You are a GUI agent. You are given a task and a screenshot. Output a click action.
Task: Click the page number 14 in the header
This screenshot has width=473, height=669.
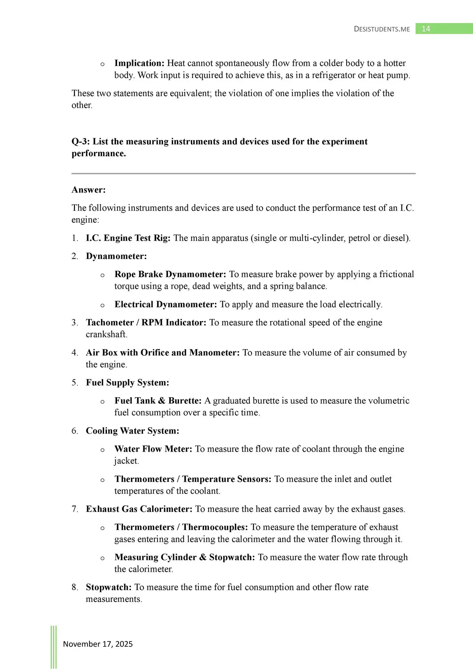426,29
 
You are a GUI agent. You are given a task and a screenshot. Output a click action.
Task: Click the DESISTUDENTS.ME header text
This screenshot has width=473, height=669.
382,29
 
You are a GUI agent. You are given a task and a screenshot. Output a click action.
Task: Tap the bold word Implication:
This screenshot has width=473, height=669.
139,63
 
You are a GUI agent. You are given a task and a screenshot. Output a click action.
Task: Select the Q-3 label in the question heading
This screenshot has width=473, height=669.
80,141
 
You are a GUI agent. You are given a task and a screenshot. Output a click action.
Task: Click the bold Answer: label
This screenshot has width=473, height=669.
88,190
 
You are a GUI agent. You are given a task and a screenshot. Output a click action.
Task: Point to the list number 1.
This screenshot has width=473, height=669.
74,238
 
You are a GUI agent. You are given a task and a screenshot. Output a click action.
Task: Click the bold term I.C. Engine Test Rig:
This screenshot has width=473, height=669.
128,238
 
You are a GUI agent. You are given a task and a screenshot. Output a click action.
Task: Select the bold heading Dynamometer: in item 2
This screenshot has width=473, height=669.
116,256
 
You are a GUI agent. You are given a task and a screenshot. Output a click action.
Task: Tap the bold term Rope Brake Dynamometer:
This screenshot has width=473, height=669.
170,274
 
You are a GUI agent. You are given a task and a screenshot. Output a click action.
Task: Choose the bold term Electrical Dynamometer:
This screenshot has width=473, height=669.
166,305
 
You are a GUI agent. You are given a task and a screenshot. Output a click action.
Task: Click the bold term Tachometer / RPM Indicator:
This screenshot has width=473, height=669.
146,322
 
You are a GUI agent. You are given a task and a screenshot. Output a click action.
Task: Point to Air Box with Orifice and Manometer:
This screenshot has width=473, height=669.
163,353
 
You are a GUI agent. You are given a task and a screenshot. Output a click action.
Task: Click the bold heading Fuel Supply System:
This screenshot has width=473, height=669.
127,383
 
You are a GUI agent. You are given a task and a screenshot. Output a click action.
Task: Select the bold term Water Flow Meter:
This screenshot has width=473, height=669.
153,449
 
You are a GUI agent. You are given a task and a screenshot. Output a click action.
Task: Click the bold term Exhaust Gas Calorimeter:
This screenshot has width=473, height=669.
139,509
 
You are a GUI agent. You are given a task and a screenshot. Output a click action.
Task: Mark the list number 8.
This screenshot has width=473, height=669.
75,587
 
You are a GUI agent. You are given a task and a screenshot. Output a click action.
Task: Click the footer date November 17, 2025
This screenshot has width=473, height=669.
98,644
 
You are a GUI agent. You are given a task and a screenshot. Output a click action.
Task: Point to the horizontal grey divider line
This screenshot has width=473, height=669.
243,173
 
